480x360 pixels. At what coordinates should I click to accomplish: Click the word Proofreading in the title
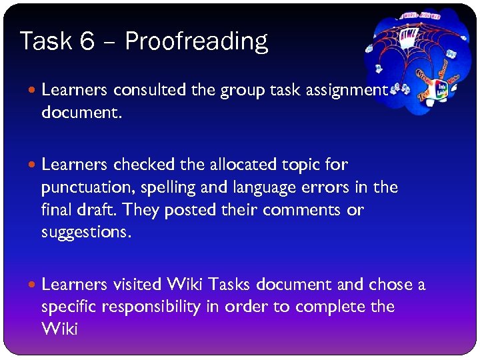click(x=196, y=42)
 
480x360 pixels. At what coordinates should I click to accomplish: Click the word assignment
click(x=347, y=90)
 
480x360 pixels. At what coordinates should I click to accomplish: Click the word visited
click(x=137, y=285)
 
